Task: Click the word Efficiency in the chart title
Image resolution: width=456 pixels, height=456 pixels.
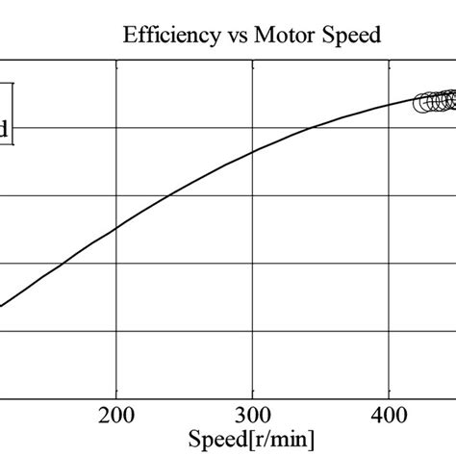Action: click(x=163, y=37)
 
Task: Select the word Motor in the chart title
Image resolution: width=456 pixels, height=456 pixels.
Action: click(x=280, y=37)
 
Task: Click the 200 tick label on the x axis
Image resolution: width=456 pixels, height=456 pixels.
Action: click(x=115, y=416)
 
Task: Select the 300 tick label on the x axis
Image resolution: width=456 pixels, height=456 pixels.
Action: click(x=252, y=416)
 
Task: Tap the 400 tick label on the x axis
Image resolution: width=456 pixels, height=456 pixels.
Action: click(x=388, y=416)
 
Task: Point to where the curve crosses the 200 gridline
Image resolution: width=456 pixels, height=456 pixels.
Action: click(x=115, y=229)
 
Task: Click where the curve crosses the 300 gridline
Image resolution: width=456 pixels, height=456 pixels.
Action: click(x=252, y=151)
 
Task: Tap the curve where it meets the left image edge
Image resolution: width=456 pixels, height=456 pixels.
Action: click(x=2, y=306)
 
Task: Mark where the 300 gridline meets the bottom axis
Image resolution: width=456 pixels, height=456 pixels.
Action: click(x=252, y=396)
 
